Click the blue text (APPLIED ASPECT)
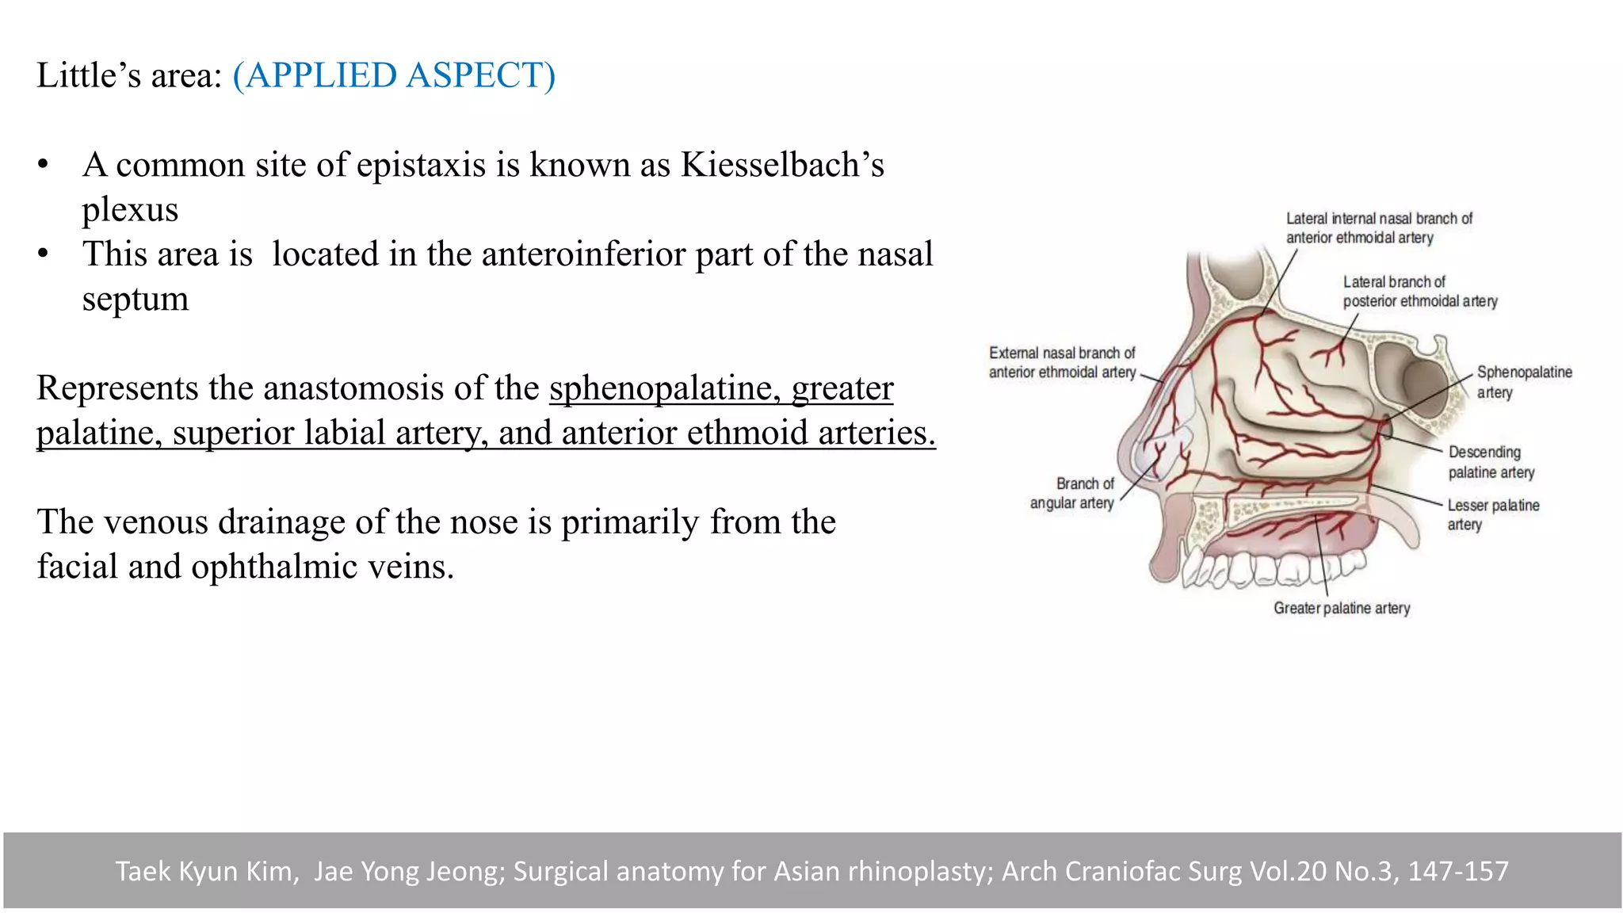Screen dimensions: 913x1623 394,76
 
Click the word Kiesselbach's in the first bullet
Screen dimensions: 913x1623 782,165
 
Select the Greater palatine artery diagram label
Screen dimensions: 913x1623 1342,608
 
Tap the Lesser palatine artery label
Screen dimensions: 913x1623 1492,514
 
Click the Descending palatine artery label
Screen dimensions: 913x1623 1491,462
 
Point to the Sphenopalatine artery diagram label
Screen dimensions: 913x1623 1523,382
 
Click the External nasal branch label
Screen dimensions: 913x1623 1062,362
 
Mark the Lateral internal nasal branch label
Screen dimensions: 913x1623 1378,227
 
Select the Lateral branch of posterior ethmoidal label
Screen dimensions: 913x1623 1419,291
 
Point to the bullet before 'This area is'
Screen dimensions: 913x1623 43,254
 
